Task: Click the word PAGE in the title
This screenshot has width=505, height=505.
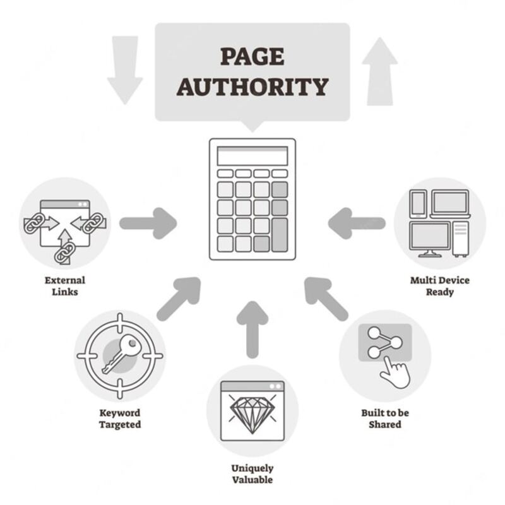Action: point(252,57)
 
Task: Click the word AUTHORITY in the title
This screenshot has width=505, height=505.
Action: point(252,86)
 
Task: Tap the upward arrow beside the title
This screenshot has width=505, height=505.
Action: point(380,69)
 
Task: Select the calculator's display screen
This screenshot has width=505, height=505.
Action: point(252,156)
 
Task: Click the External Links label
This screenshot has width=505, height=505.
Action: point(64,285)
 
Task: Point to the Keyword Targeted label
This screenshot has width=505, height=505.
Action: point(119,419)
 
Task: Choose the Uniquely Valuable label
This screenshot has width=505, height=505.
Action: point(252,473)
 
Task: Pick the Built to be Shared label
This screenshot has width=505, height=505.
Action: point(384,419)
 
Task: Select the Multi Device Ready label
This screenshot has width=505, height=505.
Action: point(439,285)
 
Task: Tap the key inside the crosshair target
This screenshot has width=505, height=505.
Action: point(120,353)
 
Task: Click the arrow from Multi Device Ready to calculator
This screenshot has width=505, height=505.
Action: point(357,223)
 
